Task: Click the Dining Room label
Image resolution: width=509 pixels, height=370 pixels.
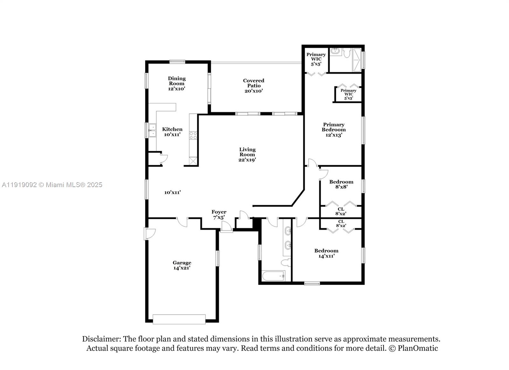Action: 177,81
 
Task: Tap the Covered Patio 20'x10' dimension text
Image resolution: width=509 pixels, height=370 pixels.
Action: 254,91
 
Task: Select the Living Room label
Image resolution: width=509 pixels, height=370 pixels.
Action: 247,152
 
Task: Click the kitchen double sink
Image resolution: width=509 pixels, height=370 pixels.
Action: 152,130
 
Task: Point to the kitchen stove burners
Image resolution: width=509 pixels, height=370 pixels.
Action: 193,136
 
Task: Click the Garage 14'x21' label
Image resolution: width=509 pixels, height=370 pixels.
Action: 182,265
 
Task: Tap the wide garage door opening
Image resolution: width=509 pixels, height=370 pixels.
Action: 179,319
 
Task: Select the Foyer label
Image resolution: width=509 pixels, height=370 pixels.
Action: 219,212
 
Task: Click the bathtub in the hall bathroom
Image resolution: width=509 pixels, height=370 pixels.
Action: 273,276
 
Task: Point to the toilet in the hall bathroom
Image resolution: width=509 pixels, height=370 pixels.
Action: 286,262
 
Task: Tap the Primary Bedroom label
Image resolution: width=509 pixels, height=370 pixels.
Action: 333,127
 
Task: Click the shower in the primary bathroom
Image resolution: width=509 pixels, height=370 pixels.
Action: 357,60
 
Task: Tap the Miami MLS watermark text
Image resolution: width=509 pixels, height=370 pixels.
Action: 52,185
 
